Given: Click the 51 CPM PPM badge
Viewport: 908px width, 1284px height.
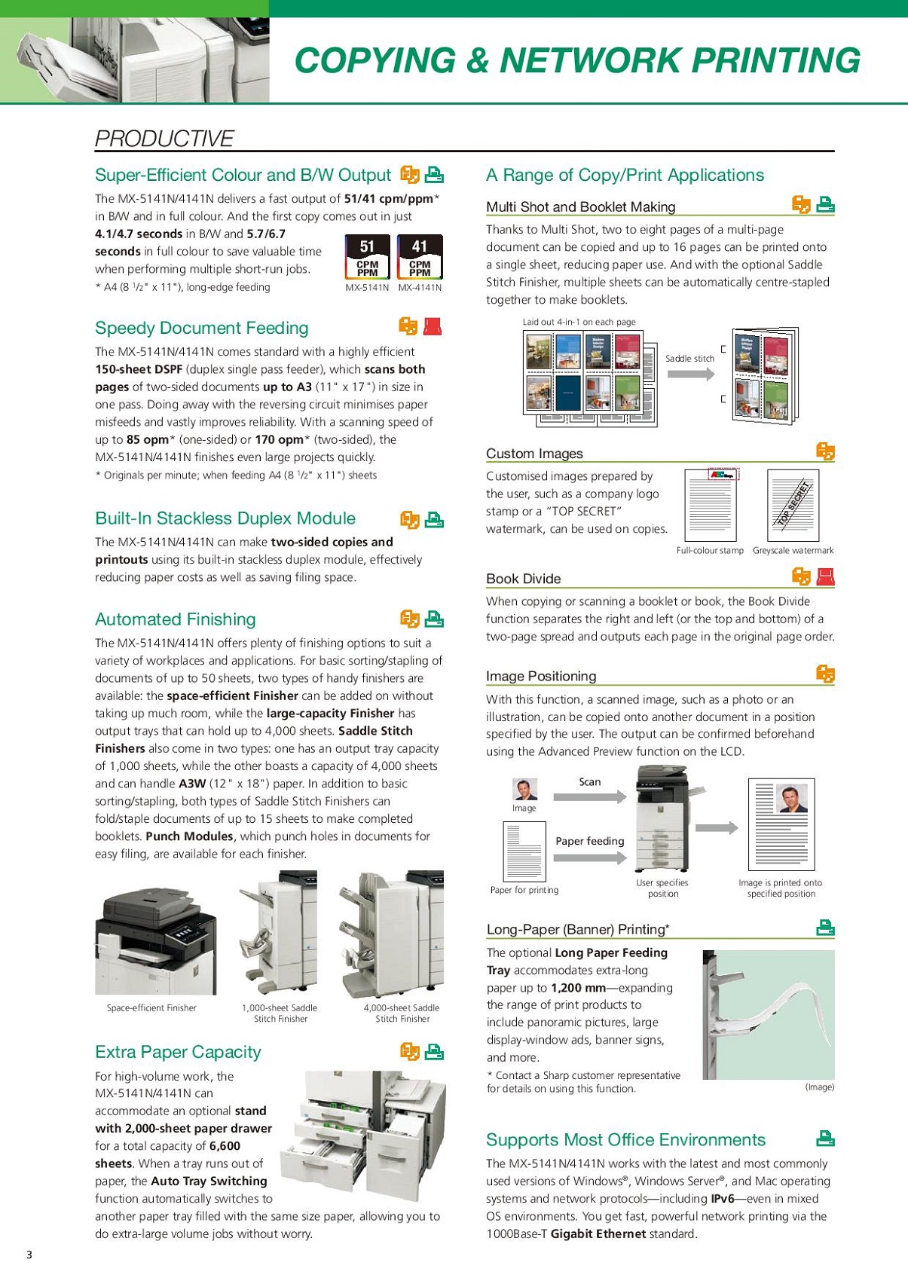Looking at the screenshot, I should pos(367,257).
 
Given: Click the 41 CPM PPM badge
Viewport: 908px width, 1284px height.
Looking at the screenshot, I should pos(420,257).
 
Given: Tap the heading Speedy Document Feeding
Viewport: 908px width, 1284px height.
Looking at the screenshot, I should pos(201,328).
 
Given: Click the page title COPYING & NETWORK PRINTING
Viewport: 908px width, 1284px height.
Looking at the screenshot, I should pos(576,60).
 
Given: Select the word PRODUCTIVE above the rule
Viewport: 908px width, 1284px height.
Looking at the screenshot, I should pos(164,139).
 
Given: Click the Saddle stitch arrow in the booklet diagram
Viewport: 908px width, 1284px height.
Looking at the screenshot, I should pos(690,374).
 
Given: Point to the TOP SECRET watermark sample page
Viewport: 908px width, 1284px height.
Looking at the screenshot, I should pos(793,504).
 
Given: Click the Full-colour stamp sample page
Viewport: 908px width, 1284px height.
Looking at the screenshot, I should pos(710,504).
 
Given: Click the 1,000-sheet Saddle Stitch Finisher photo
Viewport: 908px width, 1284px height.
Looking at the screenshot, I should pos(278,934).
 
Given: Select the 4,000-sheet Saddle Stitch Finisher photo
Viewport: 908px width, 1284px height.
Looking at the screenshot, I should pos(392,934).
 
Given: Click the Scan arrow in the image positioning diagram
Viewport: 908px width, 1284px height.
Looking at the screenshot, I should pos(590,796).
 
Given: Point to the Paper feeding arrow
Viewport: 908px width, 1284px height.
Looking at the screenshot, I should pos(590,857).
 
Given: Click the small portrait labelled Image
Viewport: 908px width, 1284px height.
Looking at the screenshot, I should pos(524,789).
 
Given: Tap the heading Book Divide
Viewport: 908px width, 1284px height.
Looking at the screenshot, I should pos(523,579).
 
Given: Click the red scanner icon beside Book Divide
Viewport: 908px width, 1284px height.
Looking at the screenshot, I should pos(826,577).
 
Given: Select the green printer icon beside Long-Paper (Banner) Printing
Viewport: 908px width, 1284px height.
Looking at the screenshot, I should pos(826,928).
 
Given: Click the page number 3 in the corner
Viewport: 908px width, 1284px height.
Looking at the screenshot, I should pos(29,1255).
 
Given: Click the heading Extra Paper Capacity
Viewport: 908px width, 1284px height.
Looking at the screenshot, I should pos(178,1052).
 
